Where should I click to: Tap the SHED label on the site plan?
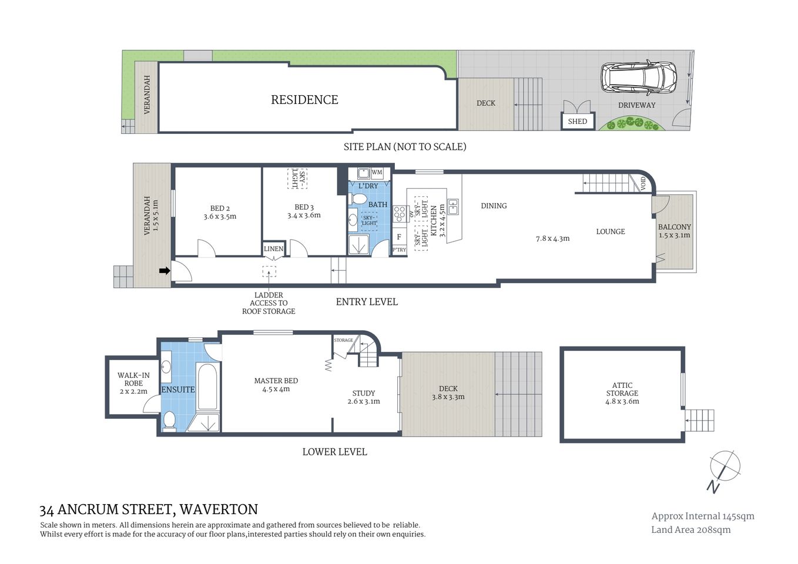(x=577, y=121)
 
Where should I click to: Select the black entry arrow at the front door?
(x=165, y=271)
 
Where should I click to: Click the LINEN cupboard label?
(x=273, y=249)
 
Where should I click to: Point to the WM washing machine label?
(x=377, y=173)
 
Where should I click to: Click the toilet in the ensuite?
(x=169, y=420)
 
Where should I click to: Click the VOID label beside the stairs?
(x=642, y=183)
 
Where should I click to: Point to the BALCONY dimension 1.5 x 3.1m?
(x=674, y=235)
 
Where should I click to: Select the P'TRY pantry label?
(x=399, y=250)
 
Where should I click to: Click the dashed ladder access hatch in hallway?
(x=269, y=272)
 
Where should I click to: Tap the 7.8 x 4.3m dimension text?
(x=552, y=239)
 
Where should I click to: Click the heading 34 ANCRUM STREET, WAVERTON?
(x=149, y=509)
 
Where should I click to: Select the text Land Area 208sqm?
(x=690, y=529)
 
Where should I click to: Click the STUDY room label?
(x=364, y=393)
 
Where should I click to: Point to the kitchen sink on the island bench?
(x=452, y=206)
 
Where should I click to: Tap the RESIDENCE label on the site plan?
(x=304, y=100)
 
